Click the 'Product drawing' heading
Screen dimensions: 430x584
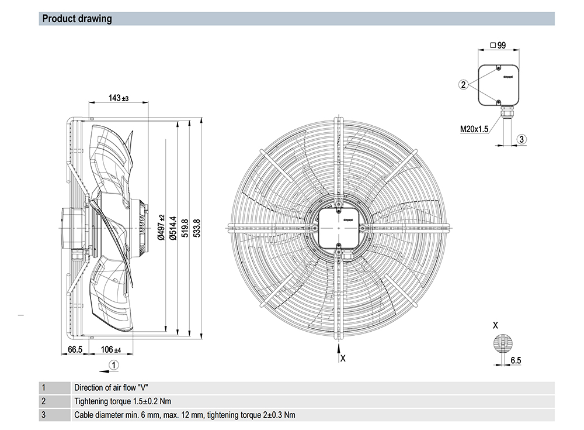(77, 19)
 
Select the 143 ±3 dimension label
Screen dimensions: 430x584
(119, 98)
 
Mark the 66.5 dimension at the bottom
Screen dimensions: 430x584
(75, 350)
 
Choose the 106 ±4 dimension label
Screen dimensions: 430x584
(110, 350)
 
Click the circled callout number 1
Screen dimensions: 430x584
(114, 364)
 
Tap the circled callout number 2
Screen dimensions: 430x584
(463, 85)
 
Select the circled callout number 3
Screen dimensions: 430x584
(522, 139)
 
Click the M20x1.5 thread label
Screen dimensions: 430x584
(474, 129)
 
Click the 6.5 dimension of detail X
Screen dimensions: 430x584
(515, 361)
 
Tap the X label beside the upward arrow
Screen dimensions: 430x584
(343, 358)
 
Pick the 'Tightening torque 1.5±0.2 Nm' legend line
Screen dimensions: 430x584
(123, 401)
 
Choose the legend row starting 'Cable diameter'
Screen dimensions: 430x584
(185, 415)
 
